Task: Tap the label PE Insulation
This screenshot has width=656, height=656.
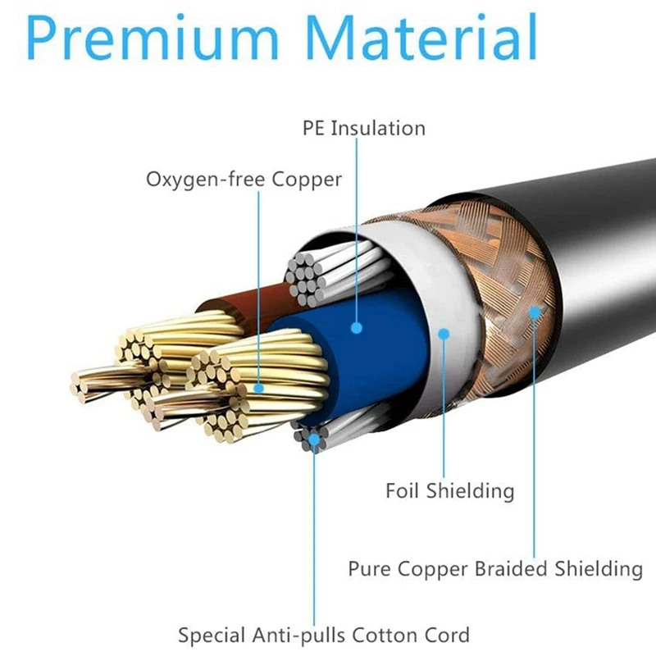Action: (x=364, y=128)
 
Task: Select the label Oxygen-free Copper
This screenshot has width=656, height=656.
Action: (x=244, y=178)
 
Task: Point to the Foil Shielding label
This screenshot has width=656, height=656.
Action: (x=449, y=490)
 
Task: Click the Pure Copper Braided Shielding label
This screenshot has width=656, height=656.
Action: (x=495, y=567)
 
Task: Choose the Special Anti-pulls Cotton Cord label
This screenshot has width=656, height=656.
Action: (x=324, y=634)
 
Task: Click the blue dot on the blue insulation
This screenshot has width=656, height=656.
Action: (x=357, y=328)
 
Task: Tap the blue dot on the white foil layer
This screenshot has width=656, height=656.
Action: (x=444, y=333)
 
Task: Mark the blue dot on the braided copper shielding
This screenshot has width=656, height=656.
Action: (x=535, y=312)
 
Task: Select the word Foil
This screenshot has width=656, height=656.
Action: (x=403, y=490)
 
